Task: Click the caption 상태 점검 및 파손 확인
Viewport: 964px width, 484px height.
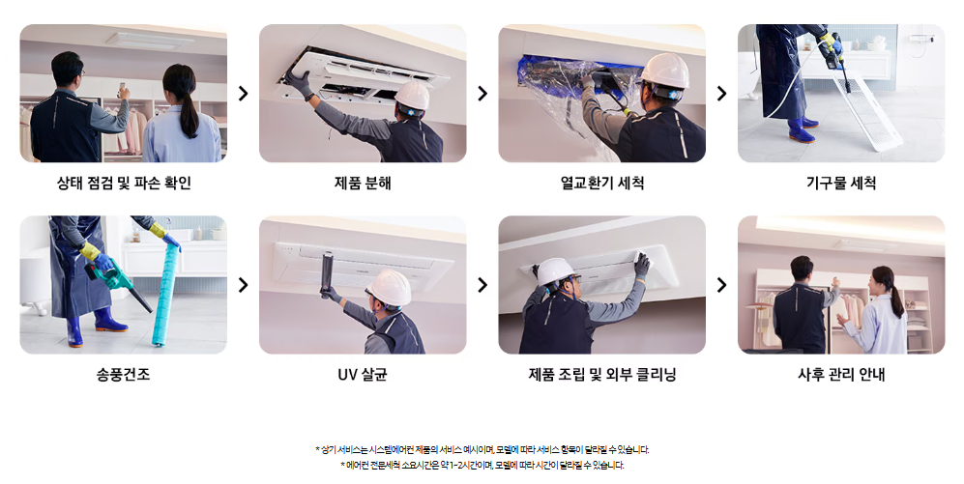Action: point(124,183)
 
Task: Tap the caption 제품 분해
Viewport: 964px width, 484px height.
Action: point(363,183)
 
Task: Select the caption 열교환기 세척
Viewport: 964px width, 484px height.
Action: point(601,183)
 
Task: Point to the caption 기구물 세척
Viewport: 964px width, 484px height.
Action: point(841,183)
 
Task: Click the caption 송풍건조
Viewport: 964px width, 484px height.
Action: point(123,374)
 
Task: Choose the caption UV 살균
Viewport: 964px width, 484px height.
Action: point(363,374)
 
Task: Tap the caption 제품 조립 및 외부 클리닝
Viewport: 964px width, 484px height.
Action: point(601,374)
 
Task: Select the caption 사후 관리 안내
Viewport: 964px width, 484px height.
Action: point(841,374)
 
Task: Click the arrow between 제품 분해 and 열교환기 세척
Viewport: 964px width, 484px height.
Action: point(482,94)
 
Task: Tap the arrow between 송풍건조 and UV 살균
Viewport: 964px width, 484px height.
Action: point(244,285)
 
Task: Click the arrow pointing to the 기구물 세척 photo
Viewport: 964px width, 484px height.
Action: point(721,94)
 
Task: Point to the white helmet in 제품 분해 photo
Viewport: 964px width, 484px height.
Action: point(412,96)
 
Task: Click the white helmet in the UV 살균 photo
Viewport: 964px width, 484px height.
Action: point(389,288)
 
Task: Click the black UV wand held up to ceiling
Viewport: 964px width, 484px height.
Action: point(326,275)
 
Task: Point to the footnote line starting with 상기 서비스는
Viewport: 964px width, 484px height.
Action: point(482,449)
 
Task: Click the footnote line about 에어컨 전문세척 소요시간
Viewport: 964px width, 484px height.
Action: point(482,466)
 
